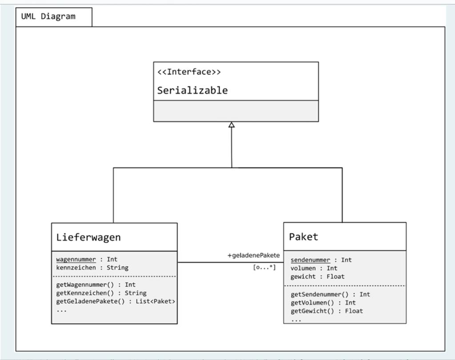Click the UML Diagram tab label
point(48,17)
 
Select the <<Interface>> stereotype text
point(189,72)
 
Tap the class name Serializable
point(192,91)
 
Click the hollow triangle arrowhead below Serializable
point(231,125)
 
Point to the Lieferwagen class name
point(88,237)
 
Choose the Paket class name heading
point(303,237)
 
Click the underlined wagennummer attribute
point(76,259)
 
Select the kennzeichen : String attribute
point(92,268)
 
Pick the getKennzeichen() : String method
point(101,293)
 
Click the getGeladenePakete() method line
point(116,301)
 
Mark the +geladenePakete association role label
point(253,255)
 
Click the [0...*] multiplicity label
point(264,268)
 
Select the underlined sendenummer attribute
point(310,260)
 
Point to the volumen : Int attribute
point(314,268)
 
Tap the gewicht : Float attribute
point(317,276)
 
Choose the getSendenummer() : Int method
point(330,294)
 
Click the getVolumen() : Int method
point(323,303)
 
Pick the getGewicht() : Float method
point(327,311)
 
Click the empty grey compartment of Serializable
point(236,111)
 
